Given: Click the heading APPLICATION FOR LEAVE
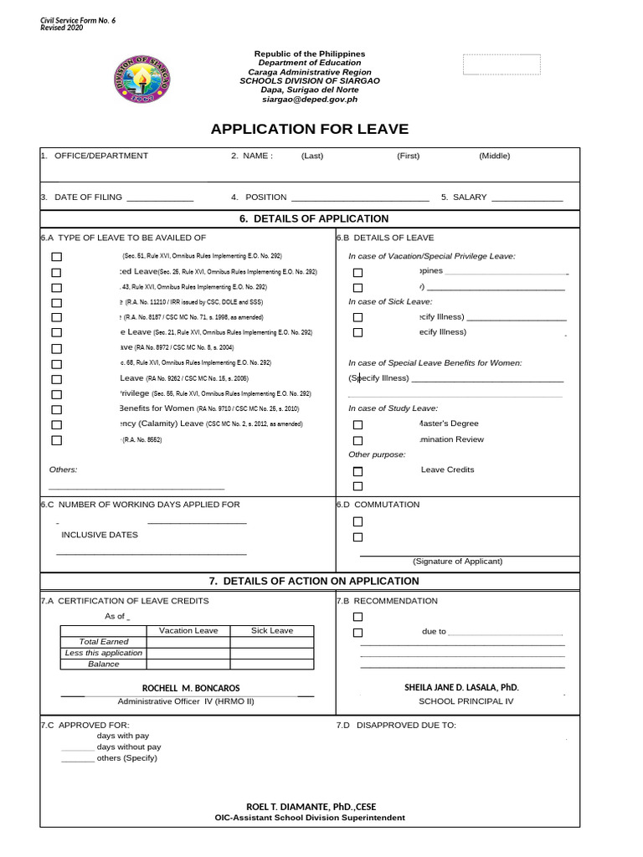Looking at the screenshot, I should (309, 129).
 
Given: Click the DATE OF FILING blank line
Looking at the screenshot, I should (159, 198).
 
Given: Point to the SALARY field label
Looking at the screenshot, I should (470, 198).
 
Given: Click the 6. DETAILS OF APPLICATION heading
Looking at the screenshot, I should (309, 218).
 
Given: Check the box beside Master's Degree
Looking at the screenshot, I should (358, 425).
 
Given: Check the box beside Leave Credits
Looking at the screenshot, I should (358, 471).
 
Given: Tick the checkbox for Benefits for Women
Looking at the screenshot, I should (57, 409).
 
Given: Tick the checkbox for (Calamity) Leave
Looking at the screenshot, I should (57, 424).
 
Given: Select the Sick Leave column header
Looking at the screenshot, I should (272, 631).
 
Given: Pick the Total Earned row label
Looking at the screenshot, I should (104, 642).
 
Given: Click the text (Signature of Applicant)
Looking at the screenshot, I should (457, 562).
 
